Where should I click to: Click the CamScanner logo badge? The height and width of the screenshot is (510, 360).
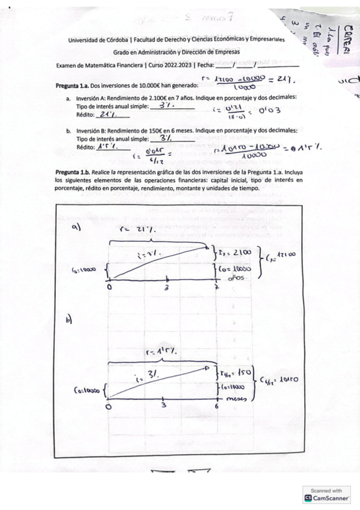pyautogui.click(x=327, y=496)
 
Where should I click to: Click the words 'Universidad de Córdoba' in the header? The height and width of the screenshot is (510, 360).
pyautogui.click(x=96, y=40)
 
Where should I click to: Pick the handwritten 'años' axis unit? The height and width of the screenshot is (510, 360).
pyautogui.click(x=239, y=279)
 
